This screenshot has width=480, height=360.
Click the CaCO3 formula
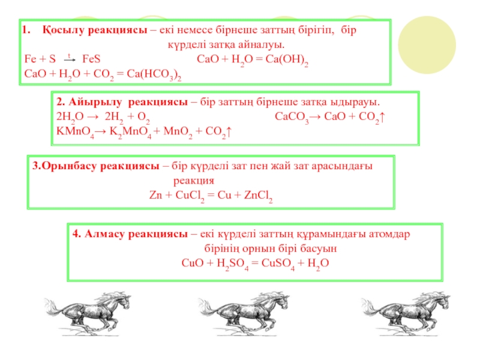[292, 116]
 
